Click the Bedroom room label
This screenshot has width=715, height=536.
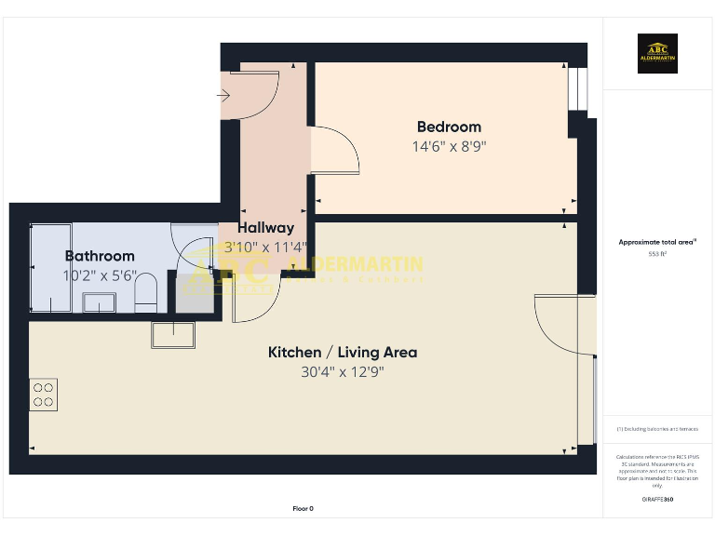449,127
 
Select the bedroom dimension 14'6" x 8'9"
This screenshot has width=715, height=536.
449,146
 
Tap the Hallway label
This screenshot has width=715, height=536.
265,227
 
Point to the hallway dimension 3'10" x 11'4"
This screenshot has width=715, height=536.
265,248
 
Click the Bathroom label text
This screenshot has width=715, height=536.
99,256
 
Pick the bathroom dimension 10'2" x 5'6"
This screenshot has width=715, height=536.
99,276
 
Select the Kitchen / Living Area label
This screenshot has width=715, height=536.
343,352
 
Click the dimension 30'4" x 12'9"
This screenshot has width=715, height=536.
343,372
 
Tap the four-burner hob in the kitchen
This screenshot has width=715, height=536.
44,395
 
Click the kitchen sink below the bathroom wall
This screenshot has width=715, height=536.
173,335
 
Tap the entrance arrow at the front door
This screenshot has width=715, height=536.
224,95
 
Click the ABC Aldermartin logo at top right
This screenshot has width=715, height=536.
657,54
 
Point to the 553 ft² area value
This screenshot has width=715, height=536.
657,253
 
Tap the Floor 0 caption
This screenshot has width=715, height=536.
304,509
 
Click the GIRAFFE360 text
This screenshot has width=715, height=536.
657,500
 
